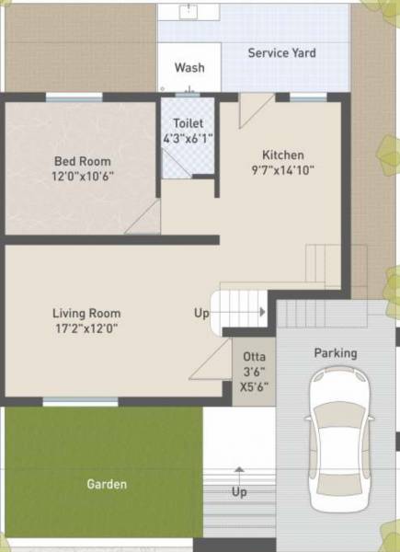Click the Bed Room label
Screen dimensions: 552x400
83,162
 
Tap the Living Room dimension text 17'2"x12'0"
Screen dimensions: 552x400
86,328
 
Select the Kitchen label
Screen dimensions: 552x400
282,155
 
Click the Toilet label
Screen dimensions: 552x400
188,123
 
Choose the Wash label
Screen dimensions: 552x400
189,68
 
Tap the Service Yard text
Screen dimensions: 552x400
281,53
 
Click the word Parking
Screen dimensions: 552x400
336,353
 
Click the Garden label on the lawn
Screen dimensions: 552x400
107,484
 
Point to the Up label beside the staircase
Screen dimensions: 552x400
201,313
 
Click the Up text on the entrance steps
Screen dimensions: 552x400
239,492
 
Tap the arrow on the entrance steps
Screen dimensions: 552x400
239,472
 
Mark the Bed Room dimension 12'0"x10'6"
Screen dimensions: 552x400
83,177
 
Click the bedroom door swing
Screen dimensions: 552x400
145,218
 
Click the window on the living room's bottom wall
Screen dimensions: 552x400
80,401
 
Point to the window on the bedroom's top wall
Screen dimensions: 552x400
74,97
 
